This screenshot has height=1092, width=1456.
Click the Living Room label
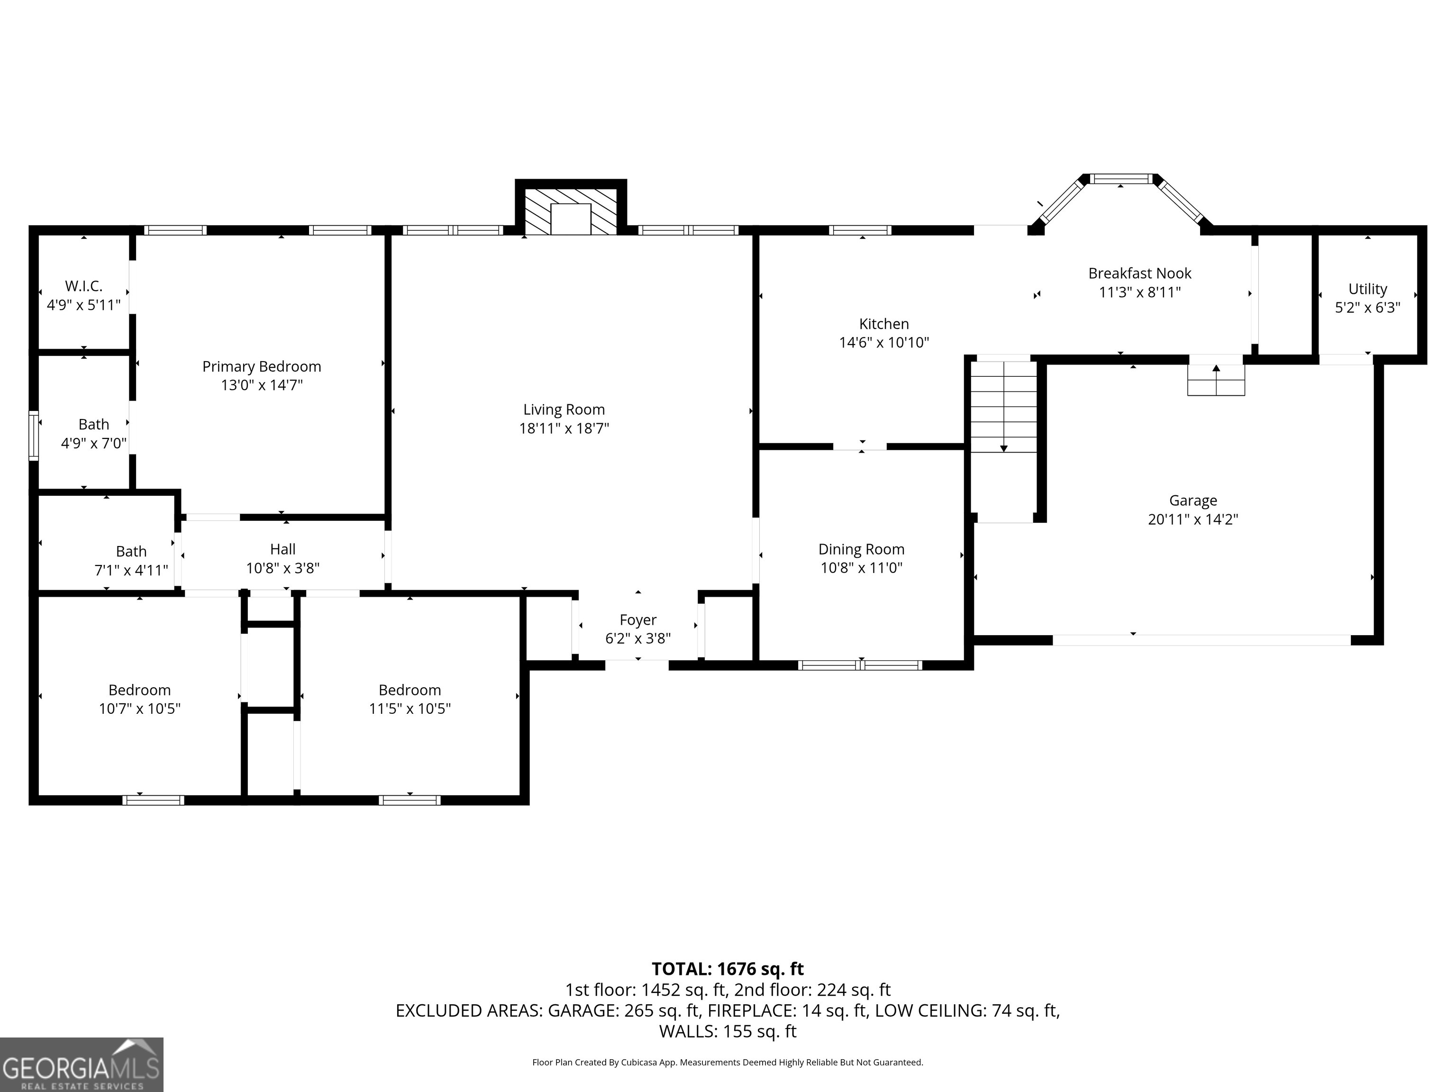(x=564, y=409)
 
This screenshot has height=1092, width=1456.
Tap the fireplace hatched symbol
(x=570, y=210)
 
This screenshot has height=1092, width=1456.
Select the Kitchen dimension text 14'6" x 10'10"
(x=883, y=342)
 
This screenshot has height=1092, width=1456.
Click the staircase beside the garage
(x=1003, y=408)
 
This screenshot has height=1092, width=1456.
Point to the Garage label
(x=1192, y=501)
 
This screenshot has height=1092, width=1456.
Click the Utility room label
(x=1367, y=289)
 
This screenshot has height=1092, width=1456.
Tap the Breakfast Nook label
(x=1139, y=273)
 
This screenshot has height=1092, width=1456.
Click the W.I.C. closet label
(x=83, y=286)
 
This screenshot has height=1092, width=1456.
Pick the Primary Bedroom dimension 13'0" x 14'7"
(x=261, y=385)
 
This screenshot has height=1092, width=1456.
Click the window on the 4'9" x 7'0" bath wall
(x=34, y=435)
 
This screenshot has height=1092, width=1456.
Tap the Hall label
(x=282, y=549)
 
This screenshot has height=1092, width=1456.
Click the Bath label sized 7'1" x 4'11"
(x=131, y=552)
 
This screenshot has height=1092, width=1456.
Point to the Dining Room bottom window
(x=860, y=665)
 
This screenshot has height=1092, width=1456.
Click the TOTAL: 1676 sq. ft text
(x=728, y=969)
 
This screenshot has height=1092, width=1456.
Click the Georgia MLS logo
(x=81, y=1065)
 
